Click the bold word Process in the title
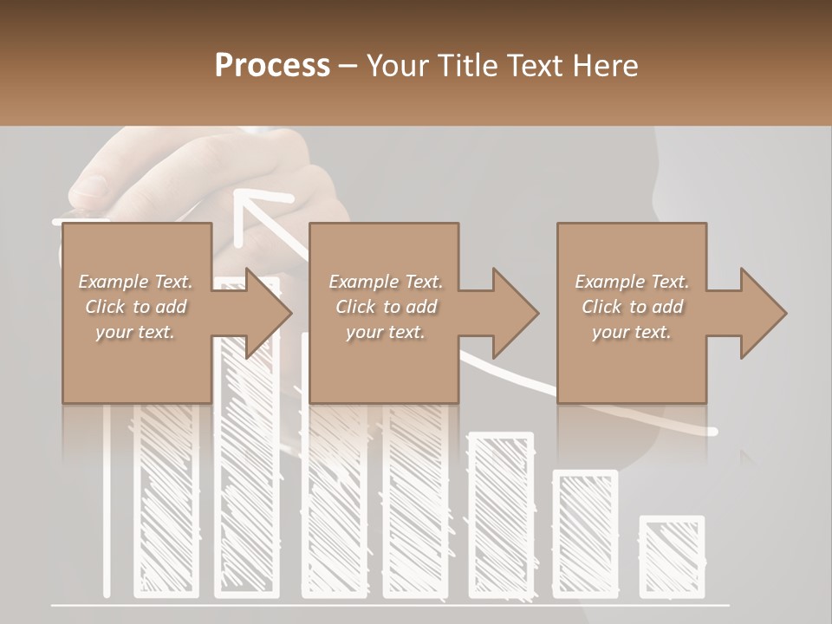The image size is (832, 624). pos(272,66)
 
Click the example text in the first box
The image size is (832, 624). pos(135,307)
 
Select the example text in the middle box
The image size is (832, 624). pos(385,307)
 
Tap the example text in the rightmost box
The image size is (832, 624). pos(632,307)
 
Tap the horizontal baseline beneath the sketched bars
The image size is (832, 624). pos(390,604)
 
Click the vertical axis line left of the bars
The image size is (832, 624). pos(107,503)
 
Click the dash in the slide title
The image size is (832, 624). pos(348,66)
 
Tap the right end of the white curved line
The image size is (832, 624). pos(712,431)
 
